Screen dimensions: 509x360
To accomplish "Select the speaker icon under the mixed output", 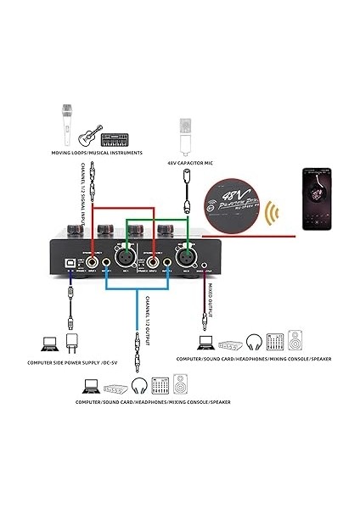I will coord(294,341).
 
